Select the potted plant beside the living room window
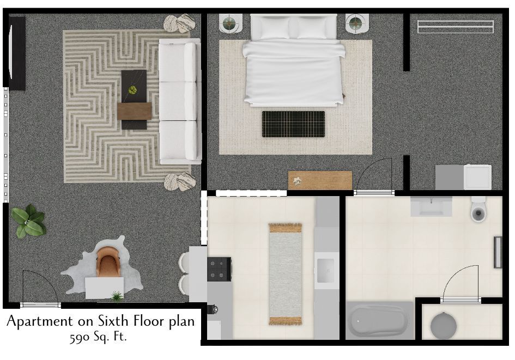pos(28,222)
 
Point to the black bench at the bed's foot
pos(293,124)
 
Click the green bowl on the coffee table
pos(132,90)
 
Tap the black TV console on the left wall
pos(16,53)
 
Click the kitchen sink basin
pos(326,270)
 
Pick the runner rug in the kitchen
pos(285,273)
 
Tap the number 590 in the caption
pos(80,337)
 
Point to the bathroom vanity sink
pos(431,206)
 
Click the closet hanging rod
pos(455,26)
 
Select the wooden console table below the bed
pos(320,180)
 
